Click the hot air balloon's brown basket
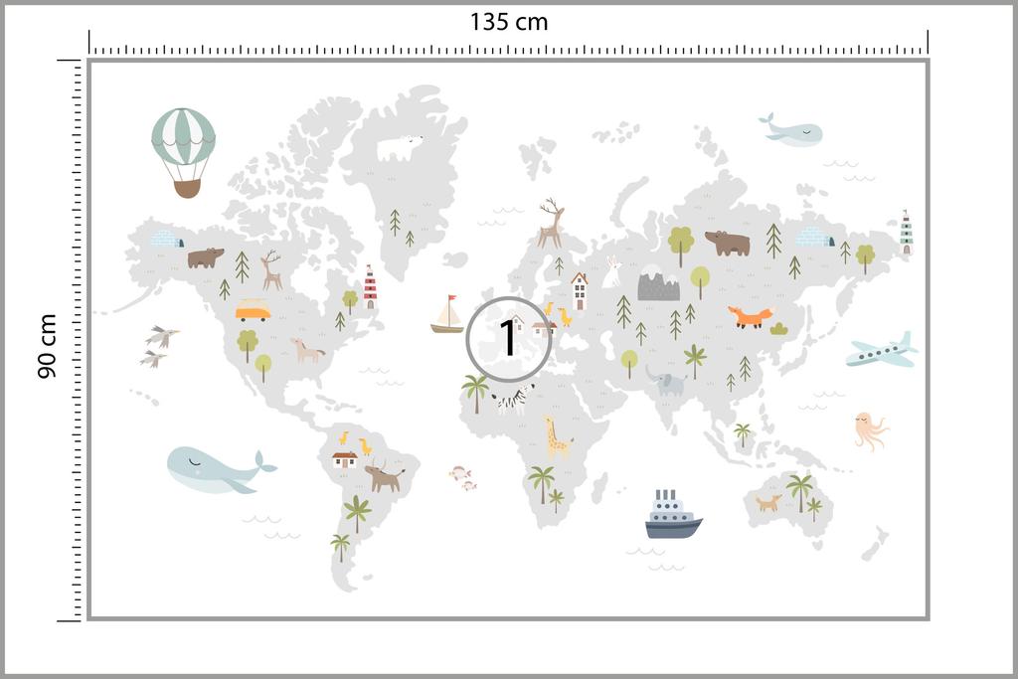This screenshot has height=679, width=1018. coord(187,189)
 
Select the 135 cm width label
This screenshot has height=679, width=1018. coord(508,21)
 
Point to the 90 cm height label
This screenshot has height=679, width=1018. coord(47,345)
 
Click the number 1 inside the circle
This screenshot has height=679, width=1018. coord(508,338)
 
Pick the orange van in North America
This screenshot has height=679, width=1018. coord(253,311)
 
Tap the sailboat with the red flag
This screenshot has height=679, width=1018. coord(447,315)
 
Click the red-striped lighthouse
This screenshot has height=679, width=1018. coord(370,286)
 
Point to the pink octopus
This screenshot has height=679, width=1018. coord(868,430)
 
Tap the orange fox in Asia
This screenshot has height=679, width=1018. coord(751,317)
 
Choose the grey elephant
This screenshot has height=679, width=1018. coord(666,381)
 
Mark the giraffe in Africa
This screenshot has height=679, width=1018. coord(556,436)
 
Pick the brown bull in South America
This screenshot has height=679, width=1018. coord(384,476)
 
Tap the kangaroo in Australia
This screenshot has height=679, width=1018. coord(767,502)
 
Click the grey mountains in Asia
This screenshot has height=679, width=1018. coord(658,286)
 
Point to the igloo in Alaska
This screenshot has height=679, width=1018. coord(166,239)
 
